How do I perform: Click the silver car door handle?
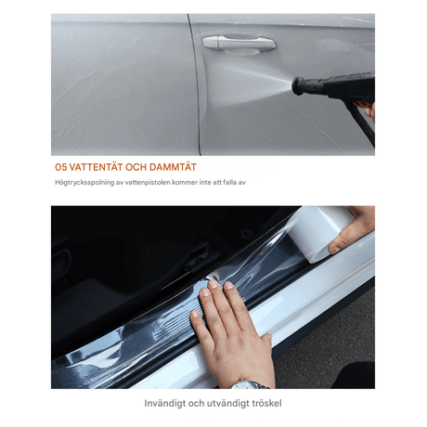(239, 43)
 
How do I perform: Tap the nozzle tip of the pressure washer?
(294, 85)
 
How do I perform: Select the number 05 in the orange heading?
(61, 167)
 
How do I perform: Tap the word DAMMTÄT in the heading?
(173, 167)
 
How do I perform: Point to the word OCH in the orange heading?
(136, 167)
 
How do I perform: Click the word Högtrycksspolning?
(84, 183)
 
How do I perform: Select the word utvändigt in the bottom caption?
(225, 404)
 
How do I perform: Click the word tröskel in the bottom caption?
(265, 403)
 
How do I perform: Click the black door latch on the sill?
(202, 259)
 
